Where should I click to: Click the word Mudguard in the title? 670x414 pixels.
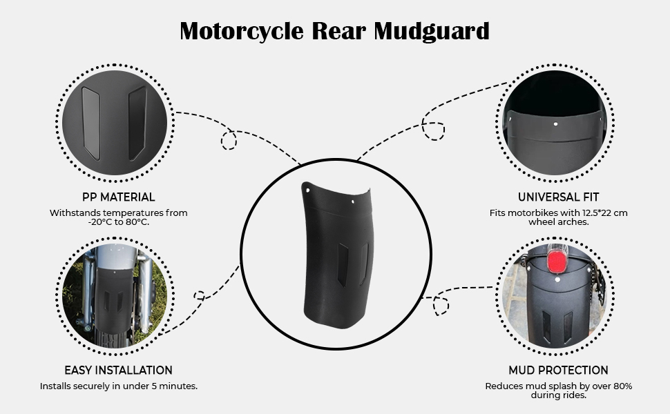coord(432,32)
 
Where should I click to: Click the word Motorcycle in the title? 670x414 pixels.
coord(242,32)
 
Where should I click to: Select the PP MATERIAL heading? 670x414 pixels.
coord(118,197)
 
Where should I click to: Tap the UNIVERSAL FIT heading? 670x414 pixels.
coord(559,197)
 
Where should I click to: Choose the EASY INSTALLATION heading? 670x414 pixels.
coord(118,370)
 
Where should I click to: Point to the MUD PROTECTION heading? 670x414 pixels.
coord(559,370)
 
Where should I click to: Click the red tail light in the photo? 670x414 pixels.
coord(557,262)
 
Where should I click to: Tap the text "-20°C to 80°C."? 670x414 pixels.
coord(118,222)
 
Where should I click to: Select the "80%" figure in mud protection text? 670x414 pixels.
coord(622,386)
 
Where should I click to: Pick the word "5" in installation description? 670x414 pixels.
coord(154,386)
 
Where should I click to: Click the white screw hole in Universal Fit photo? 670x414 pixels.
coord(555,124)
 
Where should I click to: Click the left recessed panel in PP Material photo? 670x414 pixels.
coord(91,124)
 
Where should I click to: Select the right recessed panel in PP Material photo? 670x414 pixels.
coord(137,124)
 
